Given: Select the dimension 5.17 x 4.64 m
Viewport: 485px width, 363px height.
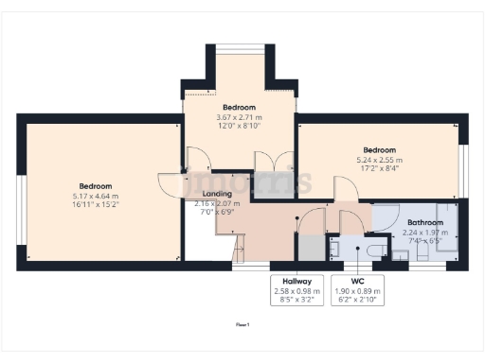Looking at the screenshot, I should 96,195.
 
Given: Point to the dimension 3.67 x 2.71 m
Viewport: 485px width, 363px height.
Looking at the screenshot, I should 236,117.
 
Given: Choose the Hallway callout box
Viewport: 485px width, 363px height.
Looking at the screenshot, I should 296,286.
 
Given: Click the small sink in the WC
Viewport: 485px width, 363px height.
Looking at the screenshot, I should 334,248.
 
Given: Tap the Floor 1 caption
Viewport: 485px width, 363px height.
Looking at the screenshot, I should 242,324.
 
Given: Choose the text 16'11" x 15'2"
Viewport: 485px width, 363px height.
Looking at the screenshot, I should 96,203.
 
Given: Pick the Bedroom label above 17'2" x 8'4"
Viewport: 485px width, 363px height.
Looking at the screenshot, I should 380,150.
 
